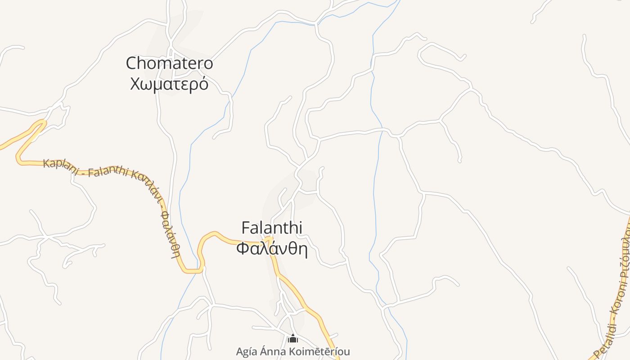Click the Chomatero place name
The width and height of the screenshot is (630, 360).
169,63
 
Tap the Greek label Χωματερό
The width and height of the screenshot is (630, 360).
169,84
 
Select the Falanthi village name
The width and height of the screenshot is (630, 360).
271,228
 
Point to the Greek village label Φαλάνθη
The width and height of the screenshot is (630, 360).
272,248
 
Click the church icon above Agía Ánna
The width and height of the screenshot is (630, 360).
293,338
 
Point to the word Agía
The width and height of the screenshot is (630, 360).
247,351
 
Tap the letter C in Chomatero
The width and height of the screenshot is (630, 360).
131,63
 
